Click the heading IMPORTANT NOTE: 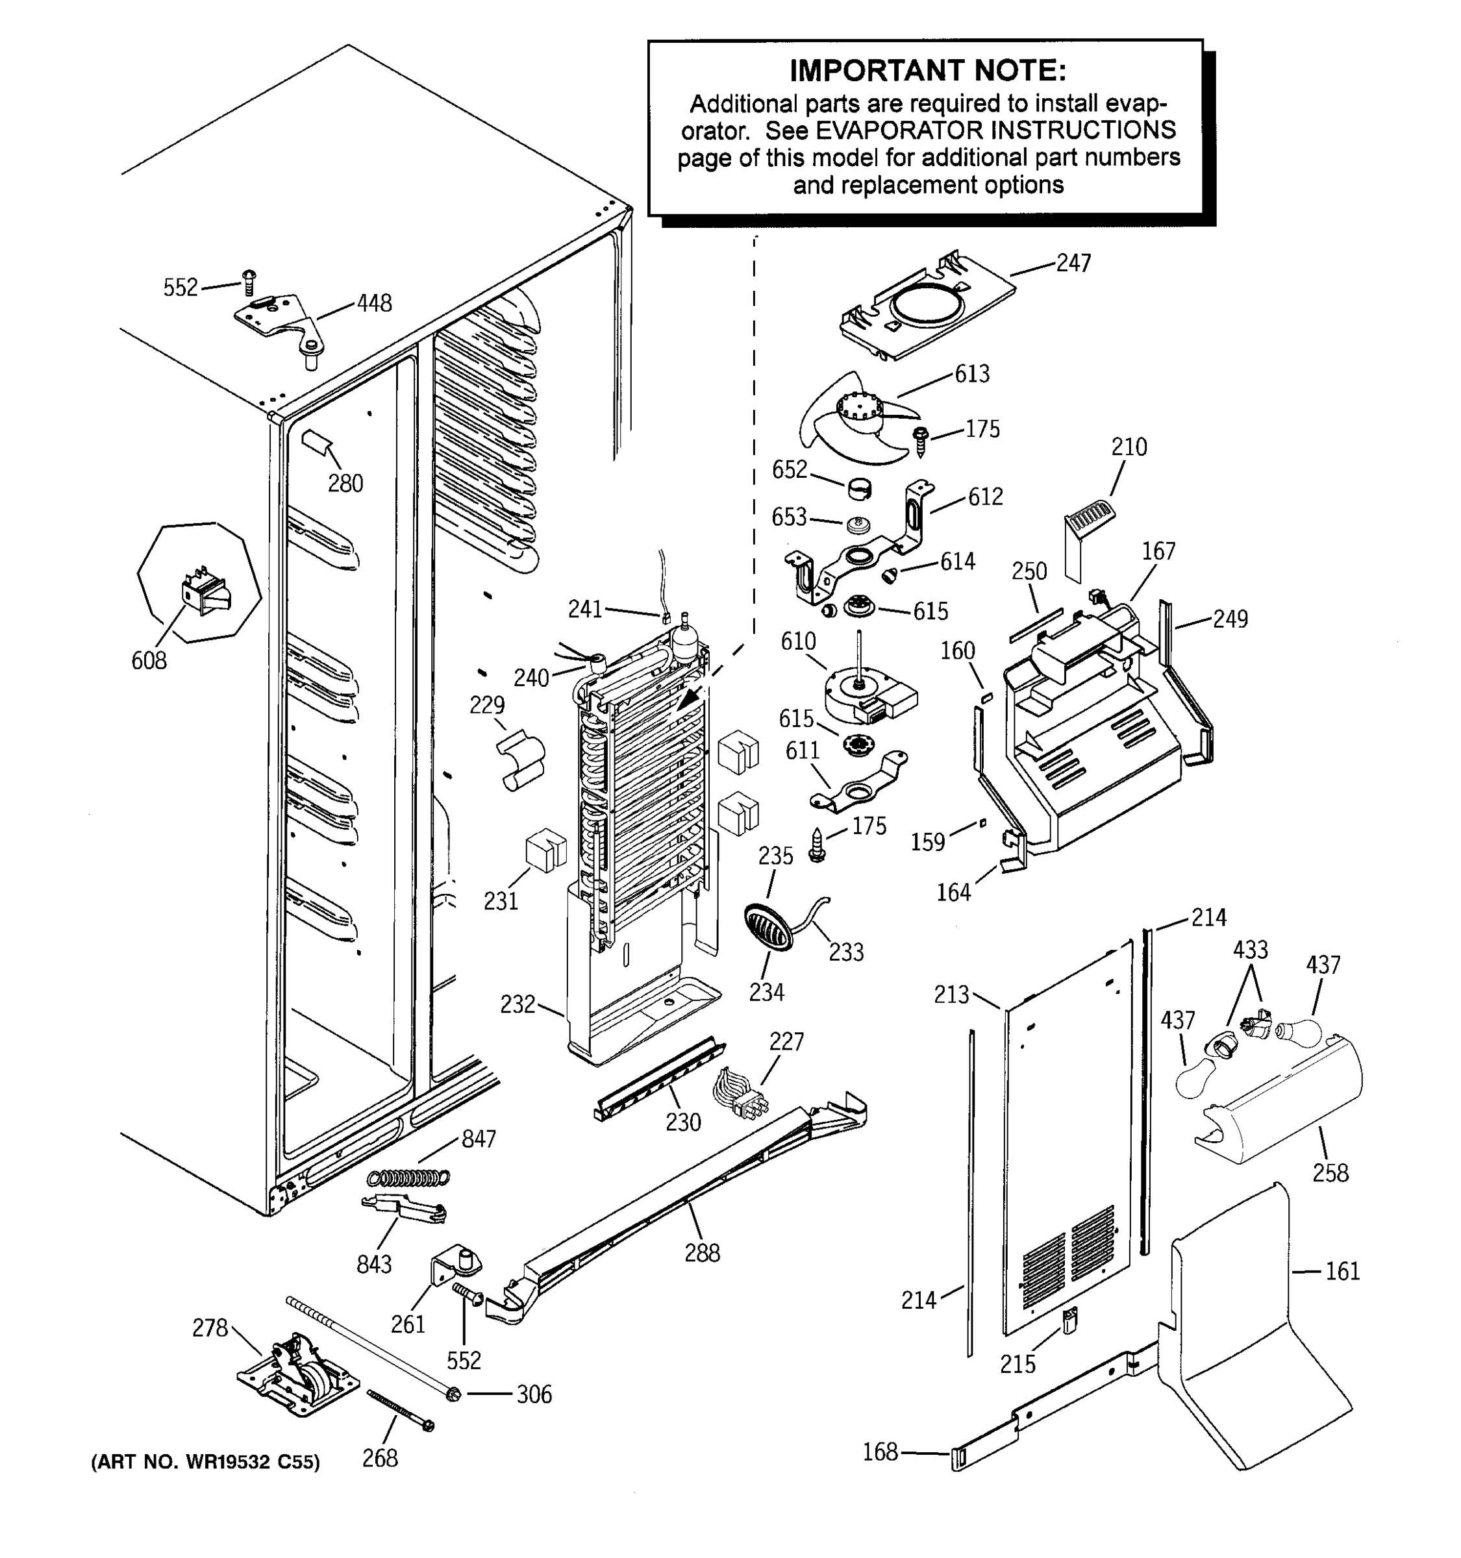pyautogui.click(x=927, y=71)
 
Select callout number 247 pyautogui.click(x=1073, y=264)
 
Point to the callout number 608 pyautogui.click(x=149, y=661)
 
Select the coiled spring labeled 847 pyautogui.click(x=409, y=1177)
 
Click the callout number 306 pyautogui.click(x=534, y=1395)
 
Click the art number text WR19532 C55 pyautogui.click(x=239, y=1463)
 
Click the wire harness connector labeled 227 pyautogui.click(x=739, y=1092)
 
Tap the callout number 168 pyautogui.click(x=879, y=1452)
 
